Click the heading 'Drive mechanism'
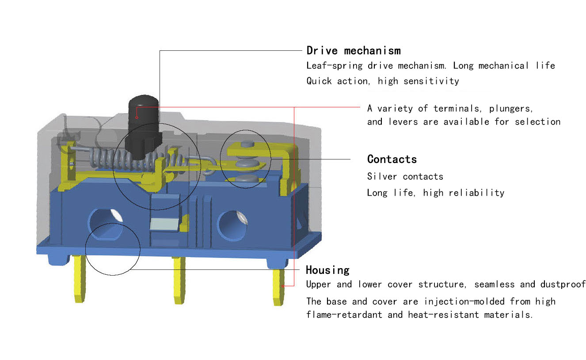point(354,50)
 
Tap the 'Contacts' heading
point(392,159)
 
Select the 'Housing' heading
point(327,270)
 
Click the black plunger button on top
point(144,127)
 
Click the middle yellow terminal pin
point(179,280)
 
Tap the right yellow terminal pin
point(278,288)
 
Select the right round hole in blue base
point(232,226)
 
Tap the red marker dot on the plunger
point(137,117)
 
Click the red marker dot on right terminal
point(283,286)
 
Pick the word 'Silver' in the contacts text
point(382,177)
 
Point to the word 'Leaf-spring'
point(335,66)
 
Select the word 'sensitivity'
point(431,81)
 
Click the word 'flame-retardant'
point(344,315)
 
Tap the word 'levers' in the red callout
point(403,122)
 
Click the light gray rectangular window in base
point(164,224)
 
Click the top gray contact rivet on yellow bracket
point(247,144)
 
